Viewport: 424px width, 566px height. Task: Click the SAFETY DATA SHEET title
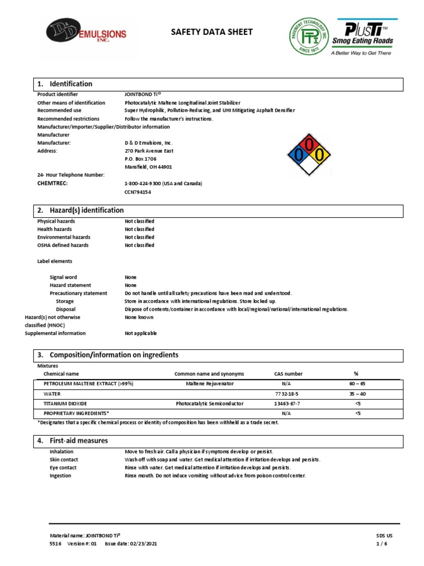(212, 32)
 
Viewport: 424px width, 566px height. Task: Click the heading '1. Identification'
(65, 84)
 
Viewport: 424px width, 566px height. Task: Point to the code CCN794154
(138, 192)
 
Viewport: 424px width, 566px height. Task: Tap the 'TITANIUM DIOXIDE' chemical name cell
(65, 403)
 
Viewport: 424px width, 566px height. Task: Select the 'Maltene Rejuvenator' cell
(209, 384)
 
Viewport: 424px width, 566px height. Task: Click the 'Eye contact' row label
(63, 468)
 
